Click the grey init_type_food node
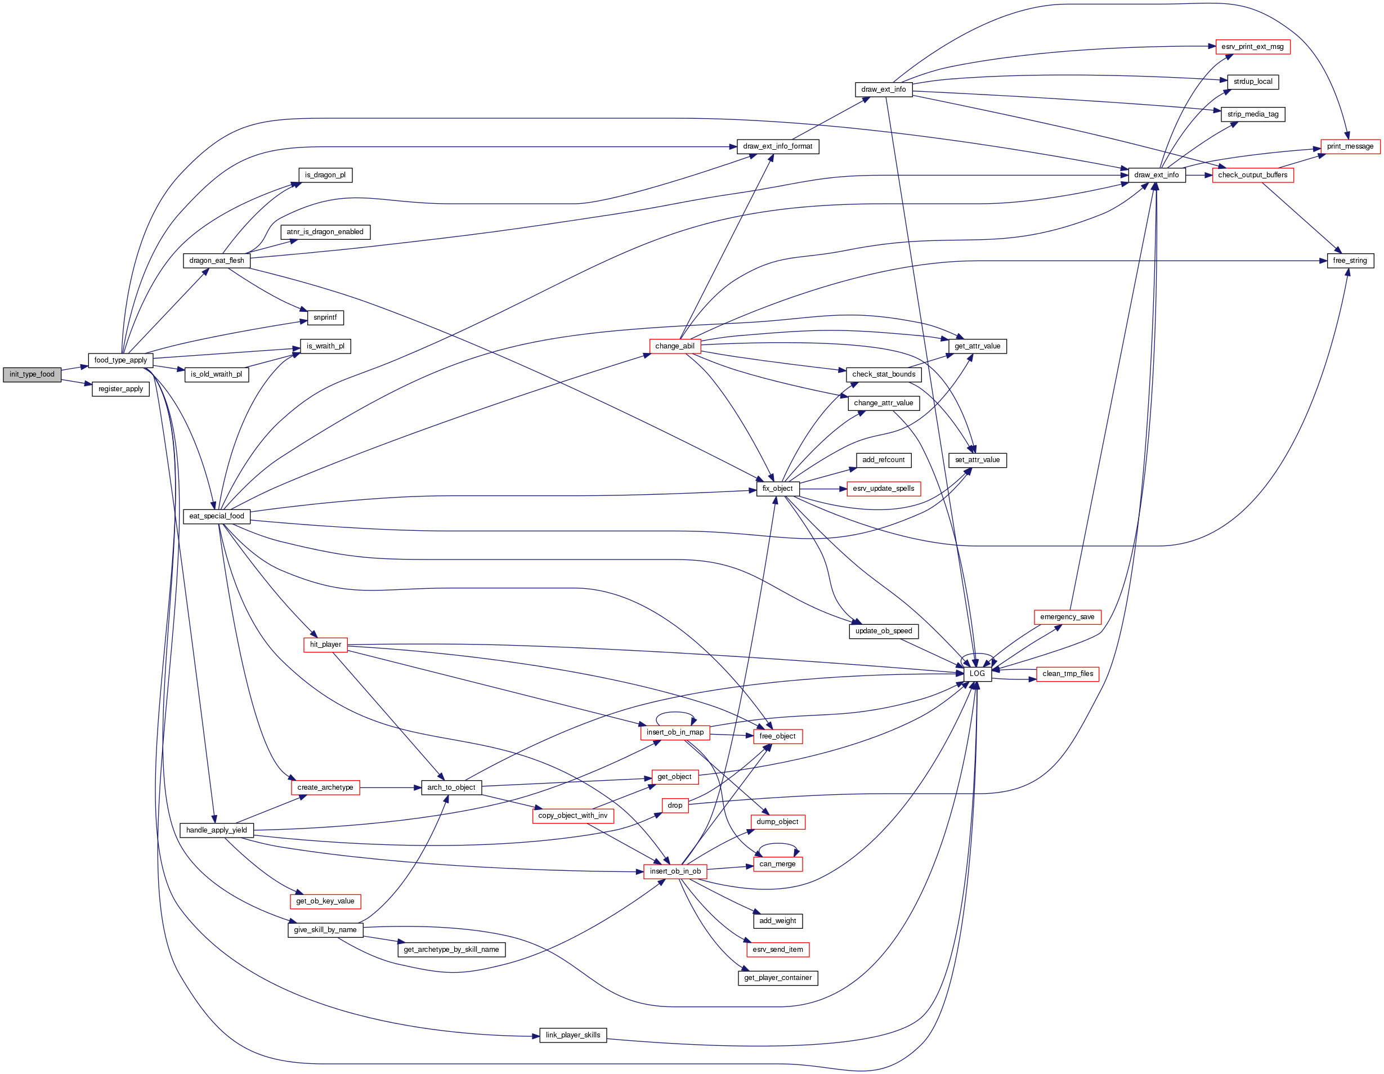point(32,374)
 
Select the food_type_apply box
point(120,360)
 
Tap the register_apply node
point(120,389)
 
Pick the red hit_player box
point(325,645)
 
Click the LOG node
point(977,674)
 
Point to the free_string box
point(1350,261)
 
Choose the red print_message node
point(1350,146)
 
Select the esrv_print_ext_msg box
point(1252,47)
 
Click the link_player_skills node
point(573,1035)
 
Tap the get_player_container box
point(777,978)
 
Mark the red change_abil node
point(675,346)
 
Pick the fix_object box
point(777,489)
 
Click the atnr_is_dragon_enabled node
point(325,232)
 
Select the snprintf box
point(325,317)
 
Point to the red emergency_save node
point(1067,617)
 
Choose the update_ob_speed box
point(884,631)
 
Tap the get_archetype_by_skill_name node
point(451,949)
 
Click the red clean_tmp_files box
point(1068,674)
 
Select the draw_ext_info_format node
point(777,146)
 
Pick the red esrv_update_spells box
point(884,489)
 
